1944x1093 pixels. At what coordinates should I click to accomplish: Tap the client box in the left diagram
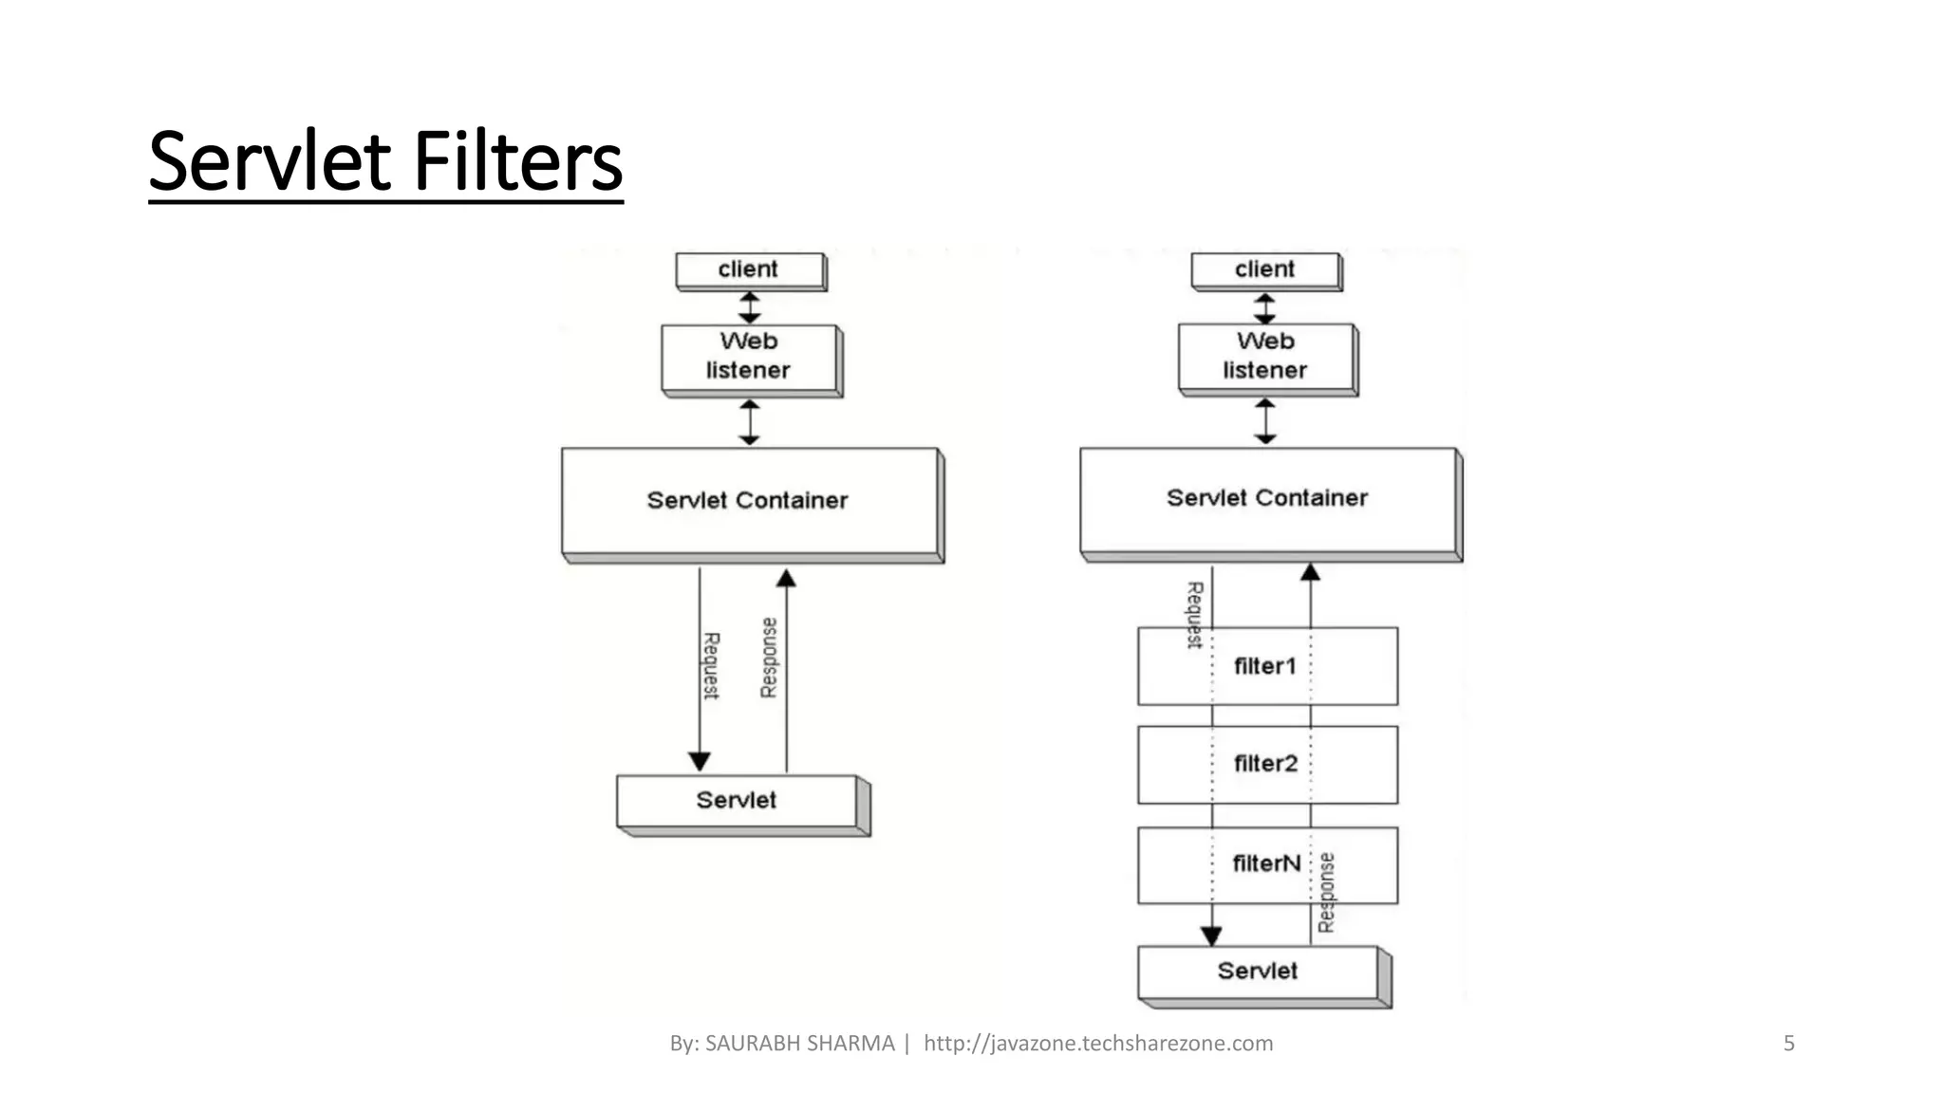tap(749, 269)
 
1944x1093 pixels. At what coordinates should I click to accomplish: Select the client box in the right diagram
tap(1265, 269)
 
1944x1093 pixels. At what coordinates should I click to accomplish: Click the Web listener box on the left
tap(749, 358)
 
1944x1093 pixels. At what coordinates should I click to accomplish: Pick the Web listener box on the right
tap(1265, 357)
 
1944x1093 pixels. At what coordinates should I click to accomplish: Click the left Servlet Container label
tap(748, 500)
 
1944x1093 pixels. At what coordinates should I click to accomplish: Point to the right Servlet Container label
tap(1266, 498)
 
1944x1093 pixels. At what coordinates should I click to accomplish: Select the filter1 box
tap(1266, 666)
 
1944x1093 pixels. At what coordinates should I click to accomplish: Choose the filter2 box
tap(1266, 764)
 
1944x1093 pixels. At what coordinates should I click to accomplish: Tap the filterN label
tap(1266, 863)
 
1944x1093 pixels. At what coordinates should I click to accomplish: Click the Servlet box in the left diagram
tap(737, 801)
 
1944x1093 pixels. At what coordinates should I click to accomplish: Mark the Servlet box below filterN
tap(1258, 972)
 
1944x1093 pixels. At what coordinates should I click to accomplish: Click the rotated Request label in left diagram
tap(711, 666)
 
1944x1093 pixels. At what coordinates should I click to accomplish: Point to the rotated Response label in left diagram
tap(769, 658)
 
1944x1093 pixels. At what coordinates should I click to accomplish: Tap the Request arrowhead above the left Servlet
tap(700, 761)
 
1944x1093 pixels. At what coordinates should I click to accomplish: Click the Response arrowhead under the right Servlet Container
tap(1311, 572)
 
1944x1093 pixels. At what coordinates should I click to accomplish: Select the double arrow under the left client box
tap(750, 307)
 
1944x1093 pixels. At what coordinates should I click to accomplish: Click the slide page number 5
tap(1789, 1044)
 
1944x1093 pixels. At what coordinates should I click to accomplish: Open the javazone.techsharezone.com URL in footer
tap(1098, 1044)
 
